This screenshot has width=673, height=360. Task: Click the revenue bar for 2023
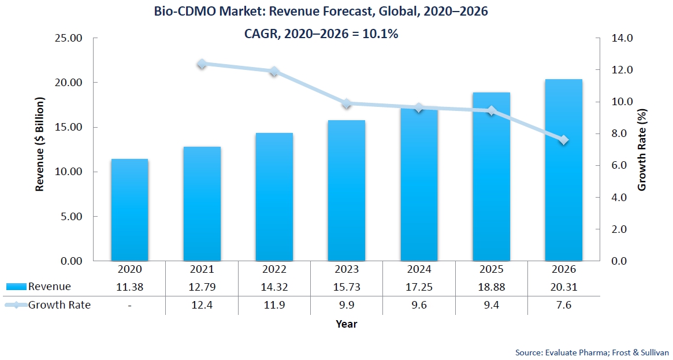pos(347,191)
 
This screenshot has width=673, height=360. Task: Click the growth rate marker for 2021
pos(202,64)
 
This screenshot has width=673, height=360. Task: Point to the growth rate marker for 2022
pos(274,72)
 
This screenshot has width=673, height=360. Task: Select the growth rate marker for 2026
pos(563,140)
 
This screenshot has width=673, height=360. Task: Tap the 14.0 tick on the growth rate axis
pos(623,38)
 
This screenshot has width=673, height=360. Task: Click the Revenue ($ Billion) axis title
pos(40,149)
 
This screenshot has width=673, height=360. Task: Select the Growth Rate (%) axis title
pos(642,149)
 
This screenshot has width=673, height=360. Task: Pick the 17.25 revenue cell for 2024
pos(419,287)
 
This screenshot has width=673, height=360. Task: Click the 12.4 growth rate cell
pos(202,305)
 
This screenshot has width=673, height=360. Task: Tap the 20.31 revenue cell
pos(563,287)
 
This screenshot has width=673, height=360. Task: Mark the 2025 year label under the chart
pos(491,269)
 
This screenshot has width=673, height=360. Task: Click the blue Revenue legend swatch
pos(16,287)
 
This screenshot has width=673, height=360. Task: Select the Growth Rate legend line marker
pos(16,305)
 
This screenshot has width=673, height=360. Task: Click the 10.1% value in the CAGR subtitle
pos(380,34)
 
